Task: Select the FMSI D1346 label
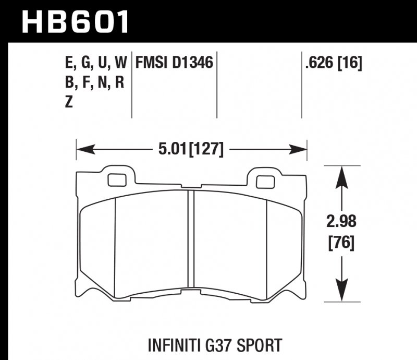[x=174, y=64]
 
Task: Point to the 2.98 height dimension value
[x=341, y=222]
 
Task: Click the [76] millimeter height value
[x=341, y=243]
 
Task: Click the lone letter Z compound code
[x=68, y=103]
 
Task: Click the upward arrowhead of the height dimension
[x=341, y=175]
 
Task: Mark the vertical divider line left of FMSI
[x=131, y=83]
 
